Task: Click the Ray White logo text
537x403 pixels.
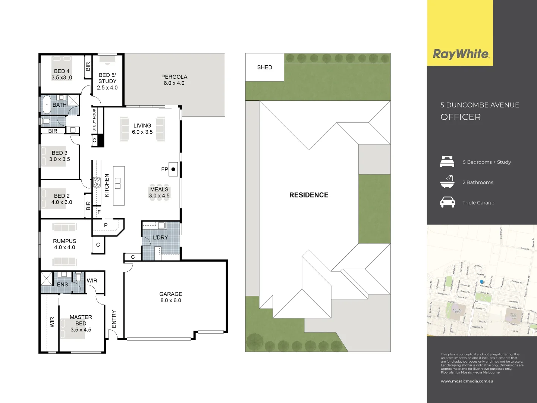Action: [x=461, y=54]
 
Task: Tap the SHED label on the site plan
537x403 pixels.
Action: [x=264, y=68]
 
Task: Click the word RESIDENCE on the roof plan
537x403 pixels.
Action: [x=309, y=195]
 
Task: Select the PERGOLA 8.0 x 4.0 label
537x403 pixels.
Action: [x=174, y=80]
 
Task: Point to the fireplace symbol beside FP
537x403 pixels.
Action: [x=173, y=169]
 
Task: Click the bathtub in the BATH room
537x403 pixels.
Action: [x=46, y=105]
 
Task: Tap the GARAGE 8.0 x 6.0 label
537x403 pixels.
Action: [x=171, y=297]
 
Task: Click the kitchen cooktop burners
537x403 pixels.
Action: [x=97, y=182]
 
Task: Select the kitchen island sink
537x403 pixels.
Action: [x=118, y=183]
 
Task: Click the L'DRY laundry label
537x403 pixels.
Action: [x=160, y=237]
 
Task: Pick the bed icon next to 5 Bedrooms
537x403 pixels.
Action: [x=447, y=162]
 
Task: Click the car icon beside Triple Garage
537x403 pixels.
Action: [x=447, y=202]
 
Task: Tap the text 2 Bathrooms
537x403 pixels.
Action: [x=478, y=182]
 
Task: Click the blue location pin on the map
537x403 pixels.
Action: [x=481, y=282]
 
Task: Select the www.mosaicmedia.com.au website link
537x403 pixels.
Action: [x=467, y=381]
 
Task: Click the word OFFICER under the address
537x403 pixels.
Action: [x=461, y=117]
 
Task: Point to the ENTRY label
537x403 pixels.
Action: [x=114, y=319]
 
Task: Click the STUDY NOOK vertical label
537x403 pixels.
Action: [x=94, y=120]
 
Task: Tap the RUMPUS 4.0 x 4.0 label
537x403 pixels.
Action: [x=65, y=244]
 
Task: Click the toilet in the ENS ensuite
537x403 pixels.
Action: [x=78, y=277]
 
